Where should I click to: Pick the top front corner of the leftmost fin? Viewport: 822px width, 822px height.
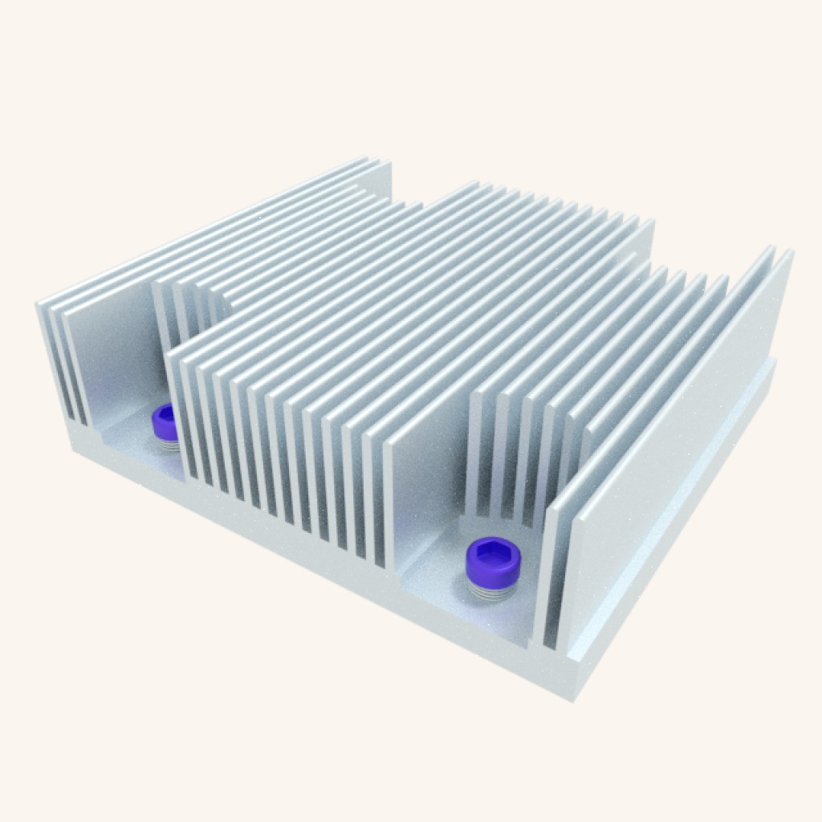39,304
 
